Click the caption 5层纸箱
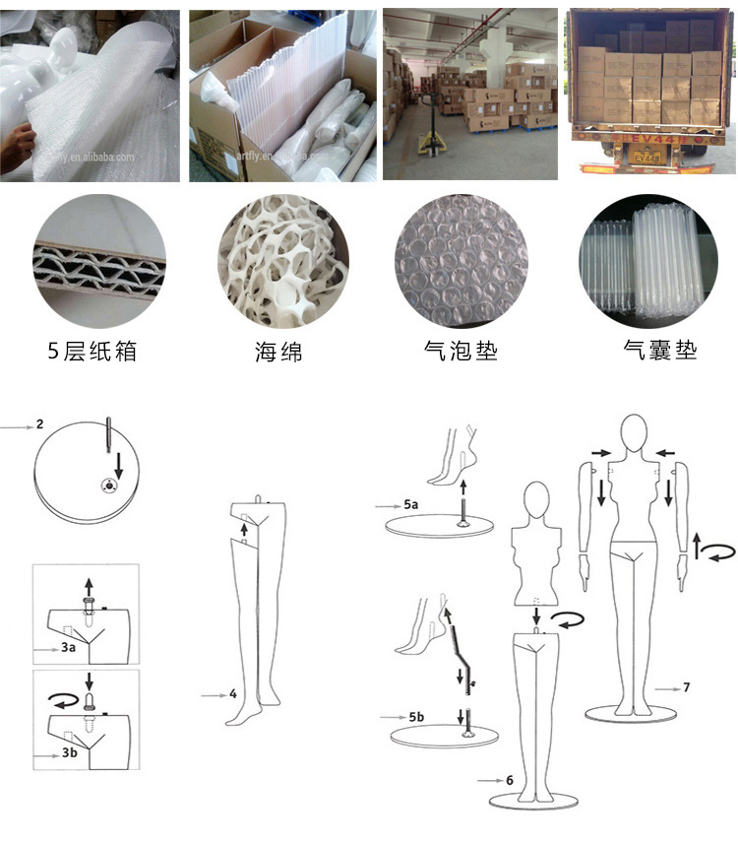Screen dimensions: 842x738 (92, 351)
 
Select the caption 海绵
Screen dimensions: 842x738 (277, 351)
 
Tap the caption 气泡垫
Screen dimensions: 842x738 (460, 351)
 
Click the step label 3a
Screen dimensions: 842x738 (67, 651)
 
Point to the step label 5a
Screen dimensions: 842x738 (410, 504)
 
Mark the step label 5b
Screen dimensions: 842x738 (415, 716)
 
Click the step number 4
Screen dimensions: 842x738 (233, 694)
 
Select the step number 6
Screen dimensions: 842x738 (510, 780)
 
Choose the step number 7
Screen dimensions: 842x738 (687, 686)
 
